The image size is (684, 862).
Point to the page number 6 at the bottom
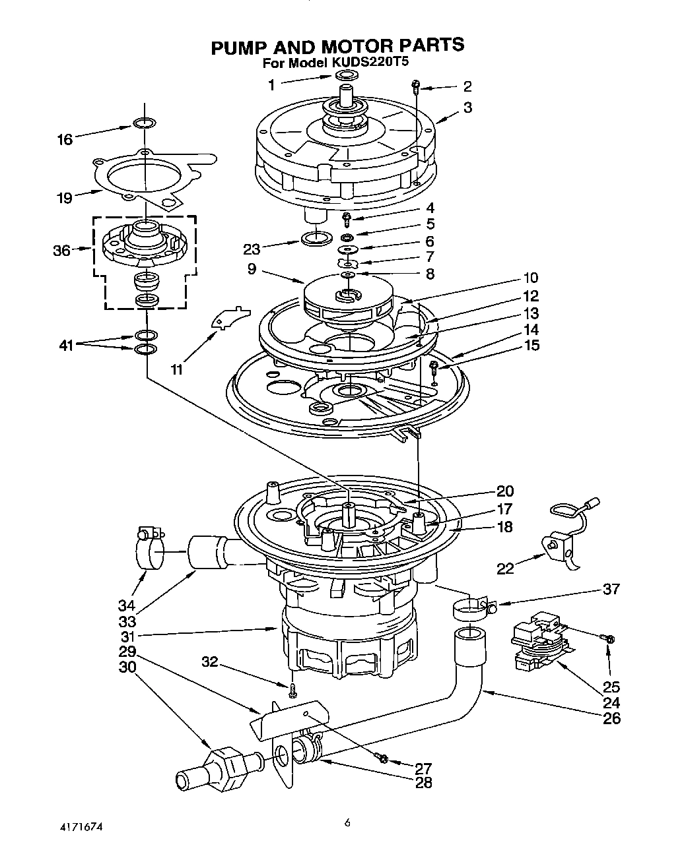346,822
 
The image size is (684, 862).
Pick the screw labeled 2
416,84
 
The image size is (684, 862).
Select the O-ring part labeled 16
144,123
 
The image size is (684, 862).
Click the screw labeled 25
607,638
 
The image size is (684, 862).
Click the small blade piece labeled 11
225,316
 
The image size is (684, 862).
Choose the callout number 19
64,197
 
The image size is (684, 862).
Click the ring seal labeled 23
315,237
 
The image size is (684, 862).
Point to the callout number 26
612,718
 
